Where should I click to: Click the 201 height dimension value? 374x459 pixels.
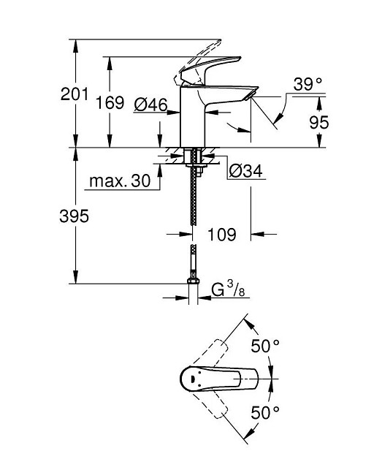pos(74,94)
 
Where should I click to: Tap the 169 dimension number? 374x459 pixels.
pos(110,103)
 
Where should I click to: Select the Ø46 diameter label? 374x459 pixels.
pos(151,105)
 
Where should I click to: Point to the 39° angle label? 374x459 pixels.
pos(308,84)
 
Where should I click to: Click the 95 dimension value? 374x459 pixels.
pos(319,122)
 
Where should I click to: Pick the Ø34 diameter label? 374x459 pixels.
pos(245,170)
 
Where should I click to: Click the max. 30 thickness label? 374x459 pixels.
pos(120,181)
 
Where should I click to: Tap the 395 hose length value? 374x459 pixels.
pos(74,216)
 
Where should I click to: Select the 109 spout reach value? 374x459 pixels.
pos(221,234)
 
